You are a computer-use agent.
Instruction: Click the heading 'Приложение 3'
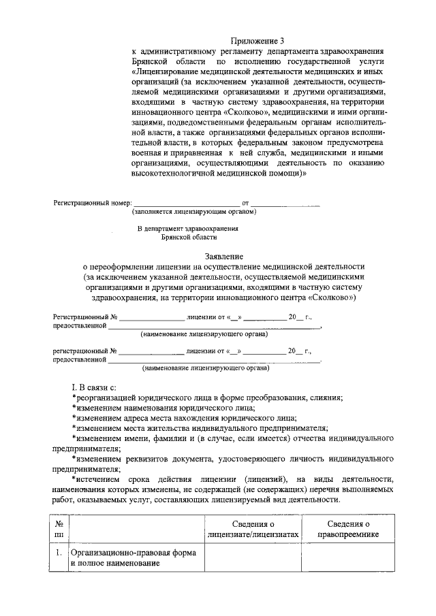[258, 42]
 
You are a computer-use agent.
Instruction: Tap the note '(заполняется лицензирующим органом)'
[194, 212]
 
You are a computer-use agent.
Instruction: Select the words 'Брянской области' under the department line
[189, 238]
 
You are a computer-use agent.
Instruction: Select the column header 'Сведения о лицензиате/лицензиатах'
[253, 530]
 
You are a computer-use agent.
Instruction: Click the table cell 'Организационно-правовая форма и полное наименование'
[134, 560]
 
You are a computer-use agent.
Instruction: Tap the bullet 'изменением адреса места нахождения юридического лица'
[185, 418]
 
